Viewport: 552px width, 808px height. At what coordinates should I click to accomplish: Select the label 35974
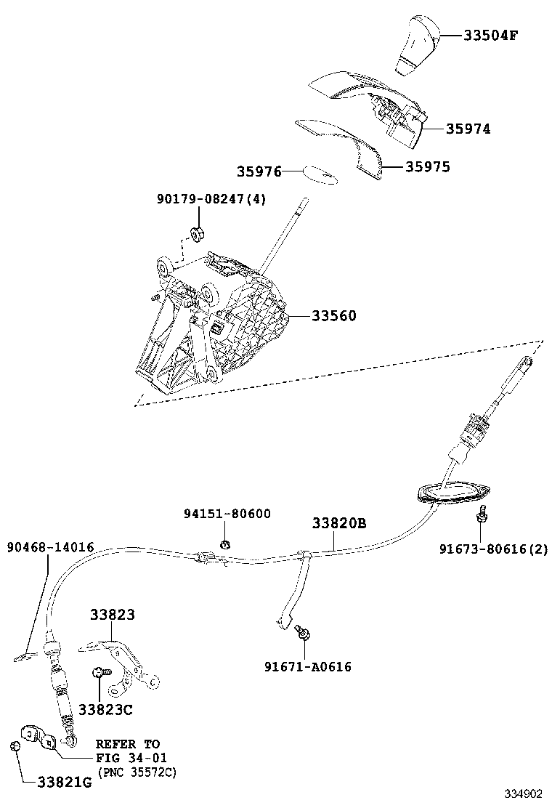(x=468, y=129)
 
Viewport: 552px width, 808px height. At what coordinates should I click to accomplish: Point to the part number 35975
(x=427, y=167)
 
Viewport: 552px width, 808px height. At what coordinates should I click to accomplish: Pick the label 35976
(x=259, y=171)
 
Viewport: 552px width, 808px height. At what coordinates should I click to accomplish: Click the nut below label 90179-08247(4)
(x=195, y=234)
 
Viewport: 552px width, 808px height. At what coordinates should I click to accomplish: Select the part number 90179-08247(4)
(x=211, y=198)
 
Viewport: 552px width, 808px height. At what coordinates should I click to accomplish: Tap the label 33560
(x=334, y=316)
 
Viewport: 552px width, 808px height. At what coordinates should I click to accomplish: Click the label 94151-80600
(x=227, y=514)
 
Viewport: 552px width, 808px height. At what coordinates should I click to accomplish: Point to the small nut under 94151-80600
(x=225, y=544)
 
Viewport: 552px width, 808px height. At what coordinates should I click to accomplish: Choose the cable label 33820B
(x=339, y=522)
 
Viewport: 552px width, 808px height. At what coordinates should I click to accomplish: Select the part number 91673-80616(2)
(x=493, y=549)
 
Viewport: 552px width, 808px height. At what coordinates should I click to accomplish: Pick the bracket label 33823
(x=113, y=615)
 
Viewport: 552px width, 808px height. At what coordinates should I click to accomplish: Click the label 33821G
(x=65, y=783)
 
